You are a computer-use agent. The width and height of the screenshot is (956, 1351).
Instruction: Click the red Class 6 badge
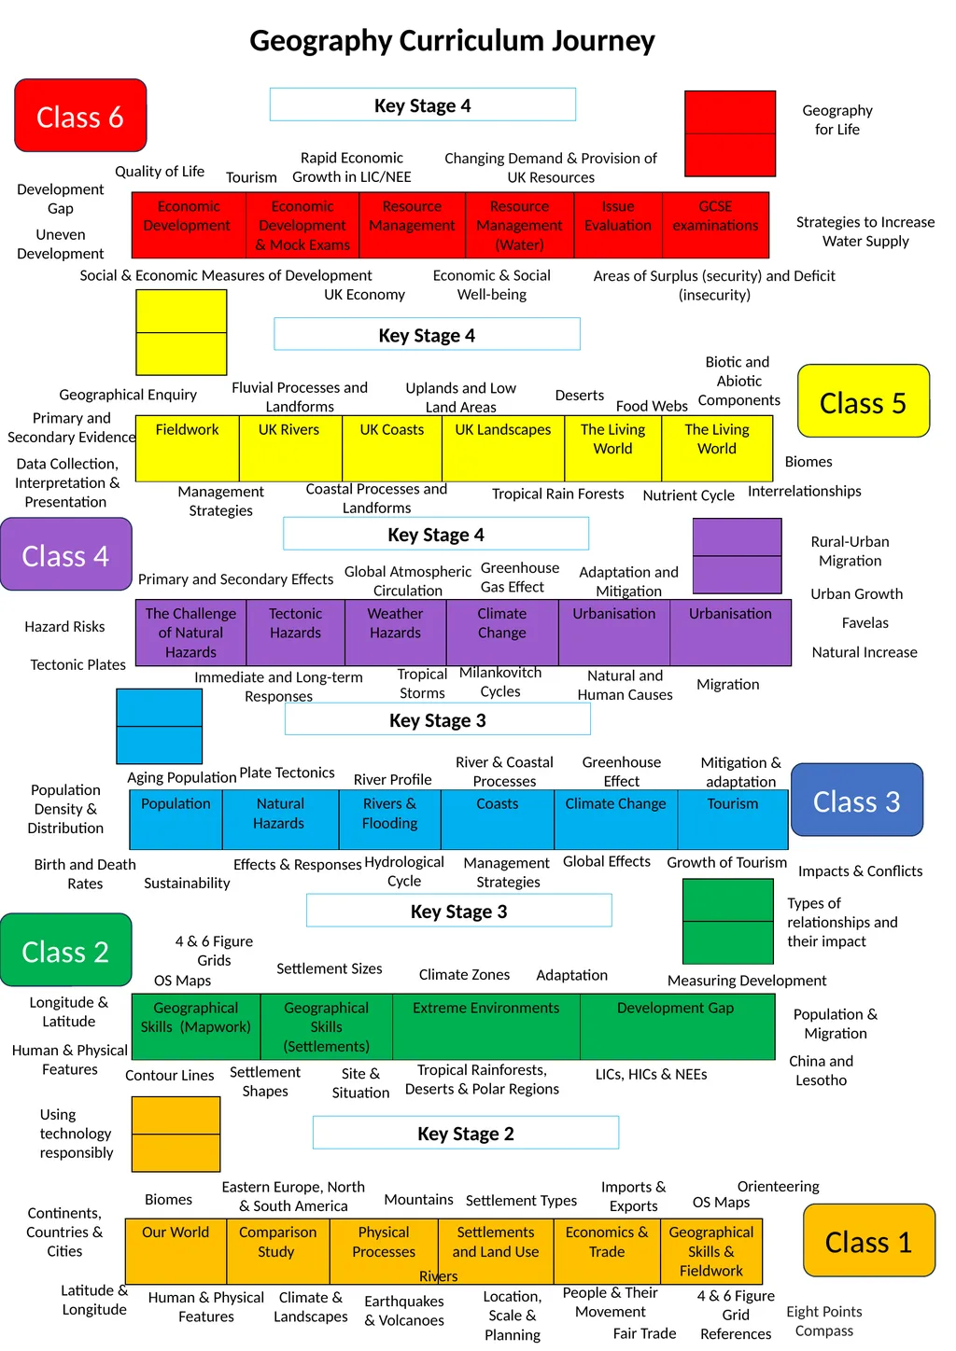pos(80,115)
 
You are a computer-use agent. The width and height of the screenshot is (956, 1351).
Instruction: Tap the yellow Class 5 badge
pos(863,401)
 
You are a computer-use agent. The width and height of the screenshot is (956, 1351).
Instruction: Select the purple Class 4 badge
pos(65,554)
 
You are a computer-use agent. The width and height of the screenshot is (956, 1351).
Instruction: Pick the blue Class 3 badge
pos(856,801)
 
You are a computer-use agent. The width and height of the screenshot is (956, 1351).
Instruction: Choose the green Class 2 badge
pos(65,950)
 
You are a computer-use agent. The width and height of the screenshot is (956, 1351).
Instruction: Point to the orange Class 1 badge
pos(868,1241)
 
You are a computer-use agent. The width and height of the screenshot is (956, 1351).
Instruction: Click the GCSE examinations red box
pos(715,225)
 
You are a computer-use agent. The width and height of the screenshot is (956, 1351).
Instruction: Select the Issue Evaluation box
pos(617,225)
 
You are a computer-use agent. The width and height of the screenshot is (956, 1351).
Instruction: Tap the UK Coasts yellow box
pos(392,448)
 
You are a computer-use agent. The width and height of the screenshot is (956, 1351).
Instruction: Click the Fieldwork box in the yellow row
pos(187,448)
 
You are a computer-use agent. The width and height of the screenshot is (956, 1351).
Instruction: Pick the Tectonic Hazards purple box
pos(295,632)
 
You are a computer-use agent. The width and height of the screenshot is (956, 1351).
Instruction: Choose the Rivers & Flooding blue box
pos(390,819)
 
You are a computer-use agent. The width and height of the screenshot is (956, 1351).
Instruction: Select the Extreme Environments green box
pos(485,1026)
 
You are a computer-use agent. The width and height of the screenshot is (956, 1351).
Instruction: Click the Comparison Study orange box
pos(277,1251)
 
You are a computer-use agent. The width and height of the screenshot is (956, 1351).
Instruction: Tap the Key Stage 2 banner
pos(465,1133)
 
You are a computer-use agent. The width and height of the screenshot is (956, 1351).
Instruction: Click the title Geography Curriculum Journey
pos(452,41)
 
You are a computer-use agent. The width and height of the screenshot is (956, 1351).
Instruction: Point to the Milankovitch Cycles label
pos(500,681)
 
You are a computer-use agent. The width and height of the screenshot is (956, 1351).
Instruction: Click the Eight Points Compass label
pos(823,1321)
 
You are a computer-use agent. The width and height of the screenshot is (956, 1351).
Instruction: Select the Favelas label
pos(865,622)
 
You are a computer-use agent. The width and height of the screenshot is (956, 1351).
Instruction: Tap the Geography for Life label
pos(837,119)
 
